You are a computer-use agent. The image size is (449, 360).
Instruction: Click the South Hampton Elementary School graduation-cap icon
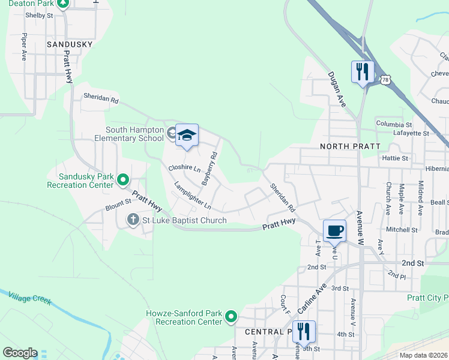(x=187, y=135)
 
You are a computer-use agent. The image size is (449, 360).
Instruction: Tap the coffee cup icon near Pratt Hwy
(x=334, y=230)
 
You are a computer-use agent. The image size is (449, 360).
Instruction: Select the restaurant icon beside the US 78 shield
(x=363, y=72)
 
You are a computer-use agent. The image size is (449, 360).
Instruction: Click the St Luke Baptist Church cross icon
(x=133, y=220)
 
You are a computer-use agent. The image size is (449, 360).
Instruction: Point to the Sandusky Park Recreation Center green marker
(x=123, y=179)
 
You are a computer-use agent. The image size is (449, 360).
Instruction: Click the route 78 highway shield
(x=385, y=79)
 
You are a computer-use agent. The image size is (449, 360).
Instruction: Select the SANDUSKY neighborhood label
(x=70, y=44)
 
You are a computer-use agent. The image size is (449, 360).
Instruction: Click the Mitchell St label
(x=402, y=230)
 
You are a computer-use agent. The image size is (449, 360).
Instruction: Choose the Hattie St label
(x=395, y=158)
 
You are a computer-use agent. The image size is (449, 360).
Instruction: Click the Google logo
(x=20, y=353)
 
